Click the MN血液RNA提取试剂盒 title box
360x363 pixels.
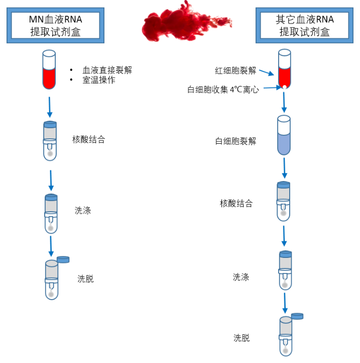(x=55, y=26)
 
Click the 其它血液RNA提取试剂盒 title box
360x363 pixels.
(x=304, y=26)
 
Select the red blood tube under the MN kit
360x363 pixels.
(x=49, y=70)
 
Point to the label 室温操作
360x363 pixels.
(x=99, y=79)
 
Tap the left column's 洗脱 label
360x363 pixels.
(x=85, y=279)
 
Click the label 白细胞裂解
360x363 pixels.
(x=235, y=141)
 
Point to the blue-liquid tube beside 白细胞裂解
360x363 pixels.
(x=284, y=135)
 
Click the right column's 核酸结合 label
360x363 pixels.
(x=236, y=204)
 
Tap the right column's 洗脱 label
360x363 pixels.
(x=242, y=338)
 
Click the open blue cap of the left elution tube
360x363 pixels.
(x=63, y=259)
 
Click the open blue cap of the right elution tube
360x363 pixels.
(x=297, y=316)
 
